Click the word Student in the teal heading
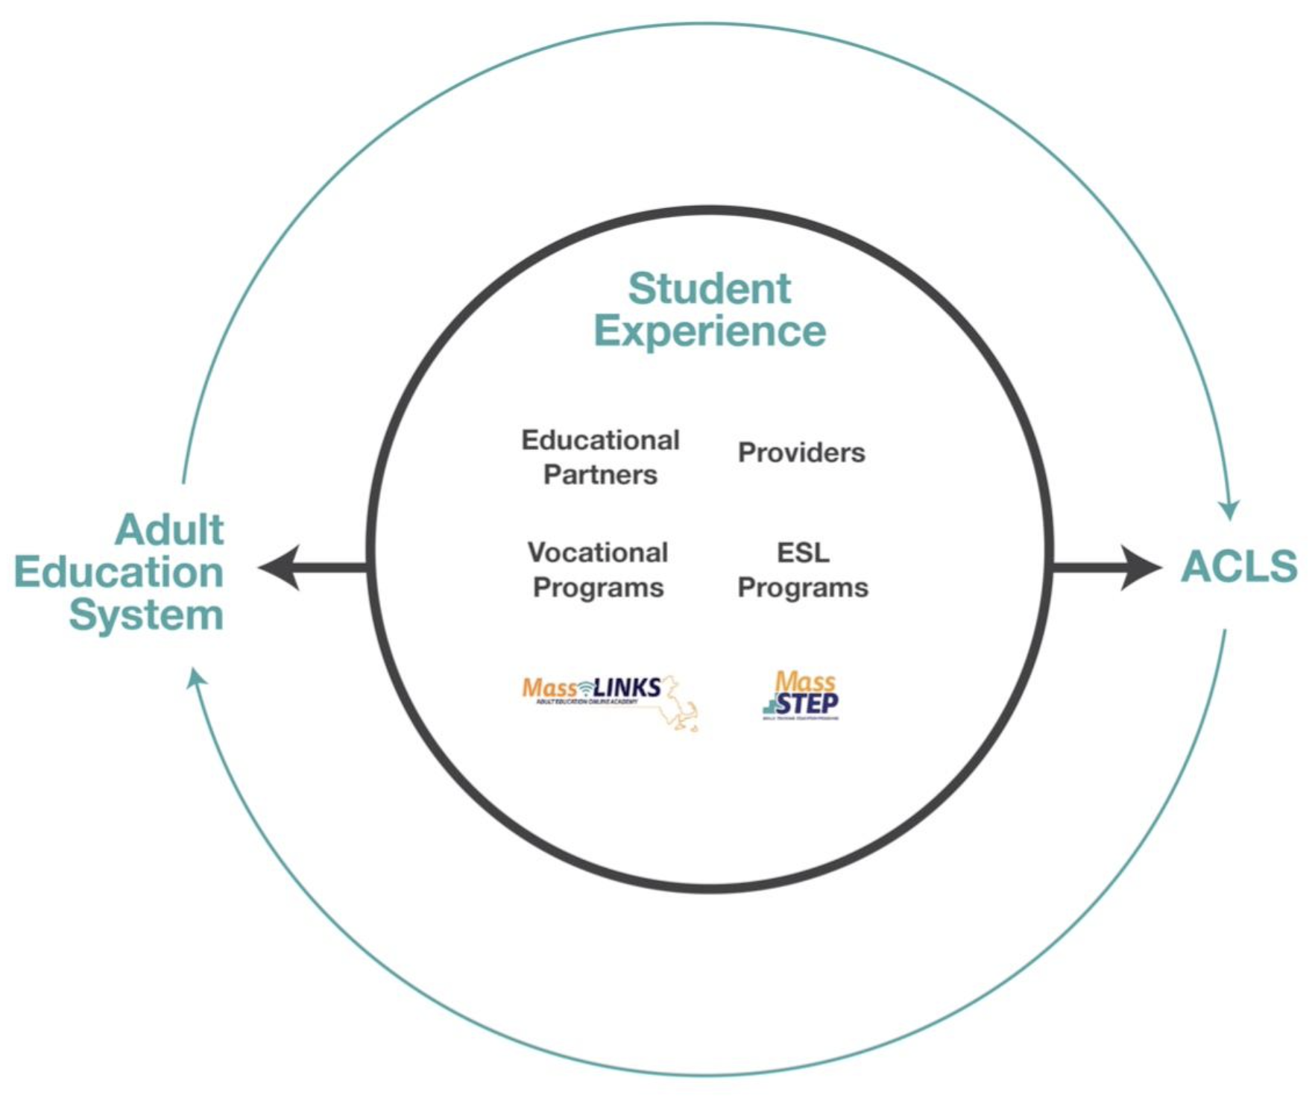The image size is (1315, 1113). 709,289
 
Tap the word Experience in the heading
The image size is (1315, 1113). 709,330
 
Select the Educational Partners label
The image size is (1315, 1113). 600,457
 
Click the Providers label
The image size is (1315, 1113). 801,452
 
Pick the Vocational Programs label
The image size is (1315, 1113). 598,570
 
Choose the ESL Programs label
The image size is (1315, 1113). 803,570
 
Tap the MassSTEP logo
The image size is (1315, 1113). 801,695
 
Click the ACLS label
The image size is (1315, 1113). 1239,566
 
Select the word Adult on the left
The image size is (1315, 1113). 169,530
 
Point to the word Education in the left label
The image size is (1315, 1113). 119,572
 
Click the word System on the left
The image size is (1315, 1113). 147,615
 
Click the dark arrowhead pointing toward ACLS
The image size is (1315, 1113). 1141,568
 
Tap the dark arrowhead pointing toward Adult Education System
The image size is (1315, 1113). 280,568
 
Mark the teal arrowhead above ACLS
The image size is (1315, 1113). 1229,510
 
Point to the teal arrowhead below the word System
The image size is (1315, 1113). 197,677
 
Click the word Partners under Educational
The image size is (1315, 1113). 600,474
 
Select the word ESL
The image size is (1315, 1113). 803,553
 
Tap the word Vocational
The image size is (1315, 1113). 598,553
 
